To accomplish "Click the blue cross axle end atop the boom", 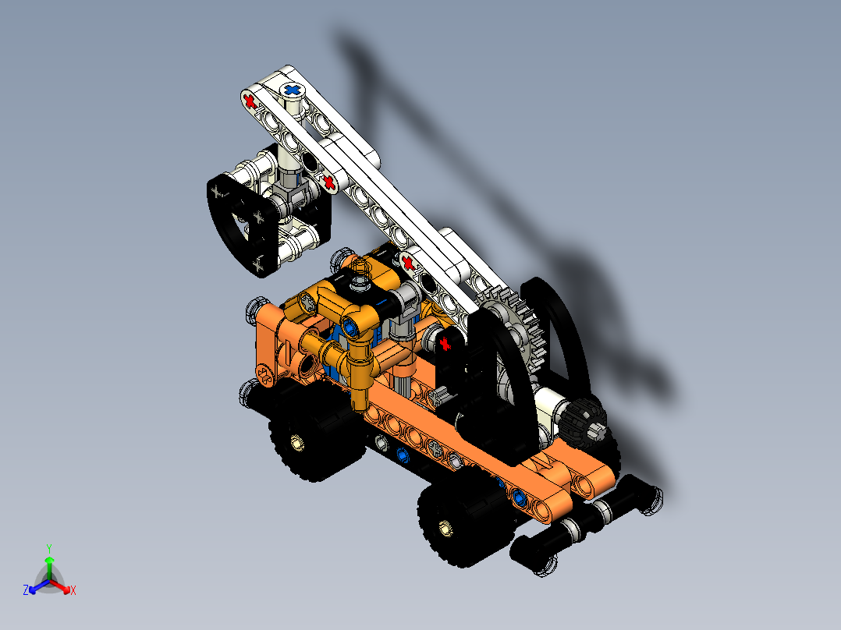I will coord(293,90).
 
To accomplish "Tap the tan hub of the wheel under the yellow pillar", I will coord(296,444).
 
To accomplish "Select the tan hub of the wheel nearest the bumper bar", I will coord(445,529).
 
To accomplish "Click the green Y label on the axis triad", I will coord(48,547).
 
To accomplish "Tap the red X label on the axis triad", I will coord(73,591).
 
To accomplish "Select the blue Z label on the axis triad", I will coord(26,590).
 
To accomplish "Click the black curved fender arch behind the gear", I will coord(566,327).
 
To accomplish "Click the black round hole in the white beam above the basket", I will coord(310,163).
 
